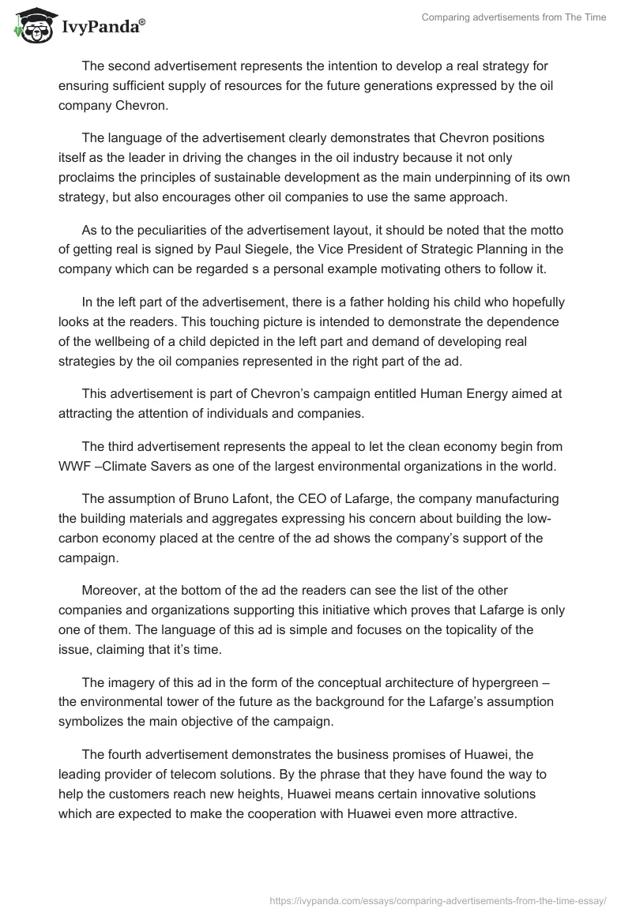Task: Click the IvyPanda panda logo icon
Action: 32,23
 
